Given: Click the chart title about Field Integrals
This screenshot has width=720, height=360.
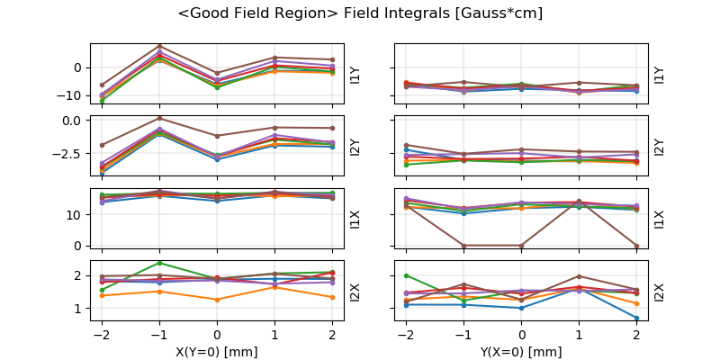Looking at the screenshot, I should (x=360, y=13).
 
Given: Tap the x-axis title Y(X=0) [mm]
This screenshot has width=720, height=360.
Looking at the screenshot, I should (x=521, y=351).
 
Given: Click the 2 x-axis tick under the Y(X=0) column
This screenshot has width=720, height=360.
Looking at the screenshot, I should (x=637, y=333).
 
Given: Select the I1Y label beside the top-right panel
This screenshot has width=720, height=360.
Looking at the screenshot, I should (x=659, y=75).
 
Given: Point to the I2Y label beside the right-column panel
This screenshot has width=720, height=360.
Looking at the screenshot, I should (x=659, y=147).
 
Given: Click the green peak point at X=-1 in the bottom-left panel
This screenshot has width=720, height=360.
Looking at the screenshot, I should (x=159, y=263).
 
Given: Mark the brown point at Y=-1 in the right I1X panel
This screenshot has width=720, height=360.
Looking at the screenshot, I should (x=464, y=245).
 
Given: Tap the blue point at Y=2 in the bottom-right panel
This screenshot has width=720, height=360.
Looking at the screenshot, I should (x=637, y=318).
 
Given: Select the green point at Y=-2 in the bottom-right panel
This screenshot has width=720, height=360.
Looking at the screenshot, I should (x=407, y=275).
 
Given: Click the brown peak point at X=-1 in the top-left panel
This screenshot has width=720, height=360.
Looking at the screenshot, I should (x=159, y=46).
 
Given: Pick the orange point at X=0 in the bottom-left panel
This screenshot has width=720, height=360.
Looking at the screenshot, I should (x=217, y=300).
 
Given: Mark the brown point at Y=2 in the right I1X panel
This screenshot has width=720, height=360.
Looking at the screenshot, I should (x=637, y=245).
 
